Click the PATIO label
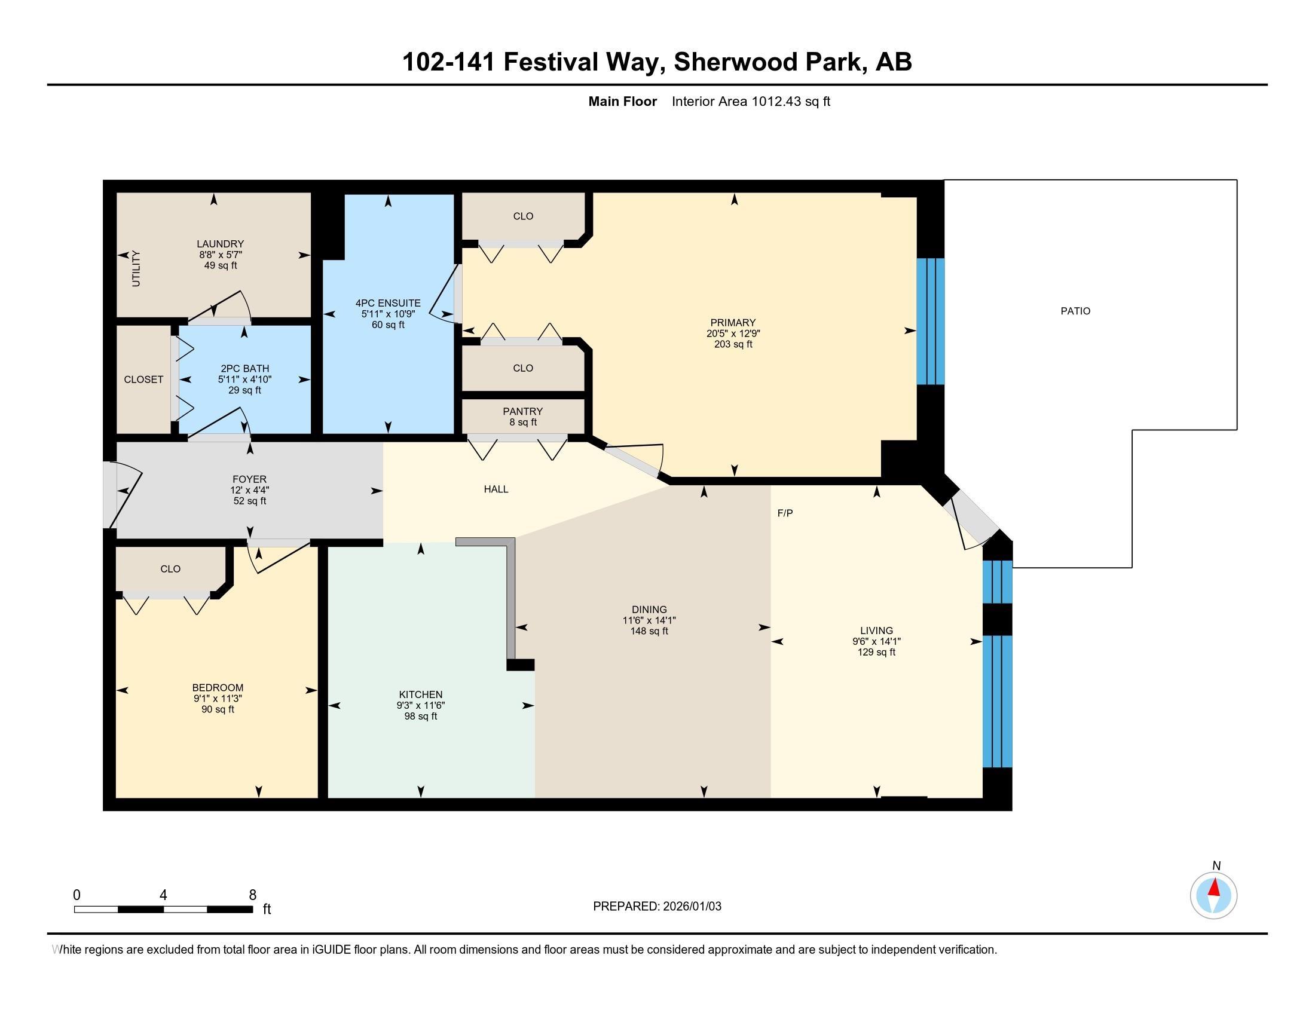point(1075,311)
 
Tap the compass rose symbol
point(1214,895)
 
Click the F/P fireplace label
point(785,513)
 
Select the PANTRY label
point(522,411)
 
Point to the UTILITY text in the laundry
point(136,268)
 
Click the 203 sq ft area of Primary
point(733,344)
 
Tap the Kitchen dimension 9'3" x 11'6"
point(420,705)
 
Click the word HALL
point(496,489)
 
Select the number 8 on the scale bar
point(253,895)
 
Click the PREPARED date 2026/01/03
point(691,907)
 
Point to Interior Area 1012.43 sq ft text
point(751,101)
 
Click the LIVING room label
point(877,631)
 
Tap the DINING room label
point(649,609)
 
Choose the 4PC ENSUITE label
point(389,303)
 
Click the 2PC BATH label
point(245,368)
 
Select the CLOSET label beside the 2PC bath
point(143,379)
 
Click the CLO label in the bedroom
point(170,569)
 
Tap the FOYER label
point(249,479)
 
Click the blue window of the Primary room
point(930,322)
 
